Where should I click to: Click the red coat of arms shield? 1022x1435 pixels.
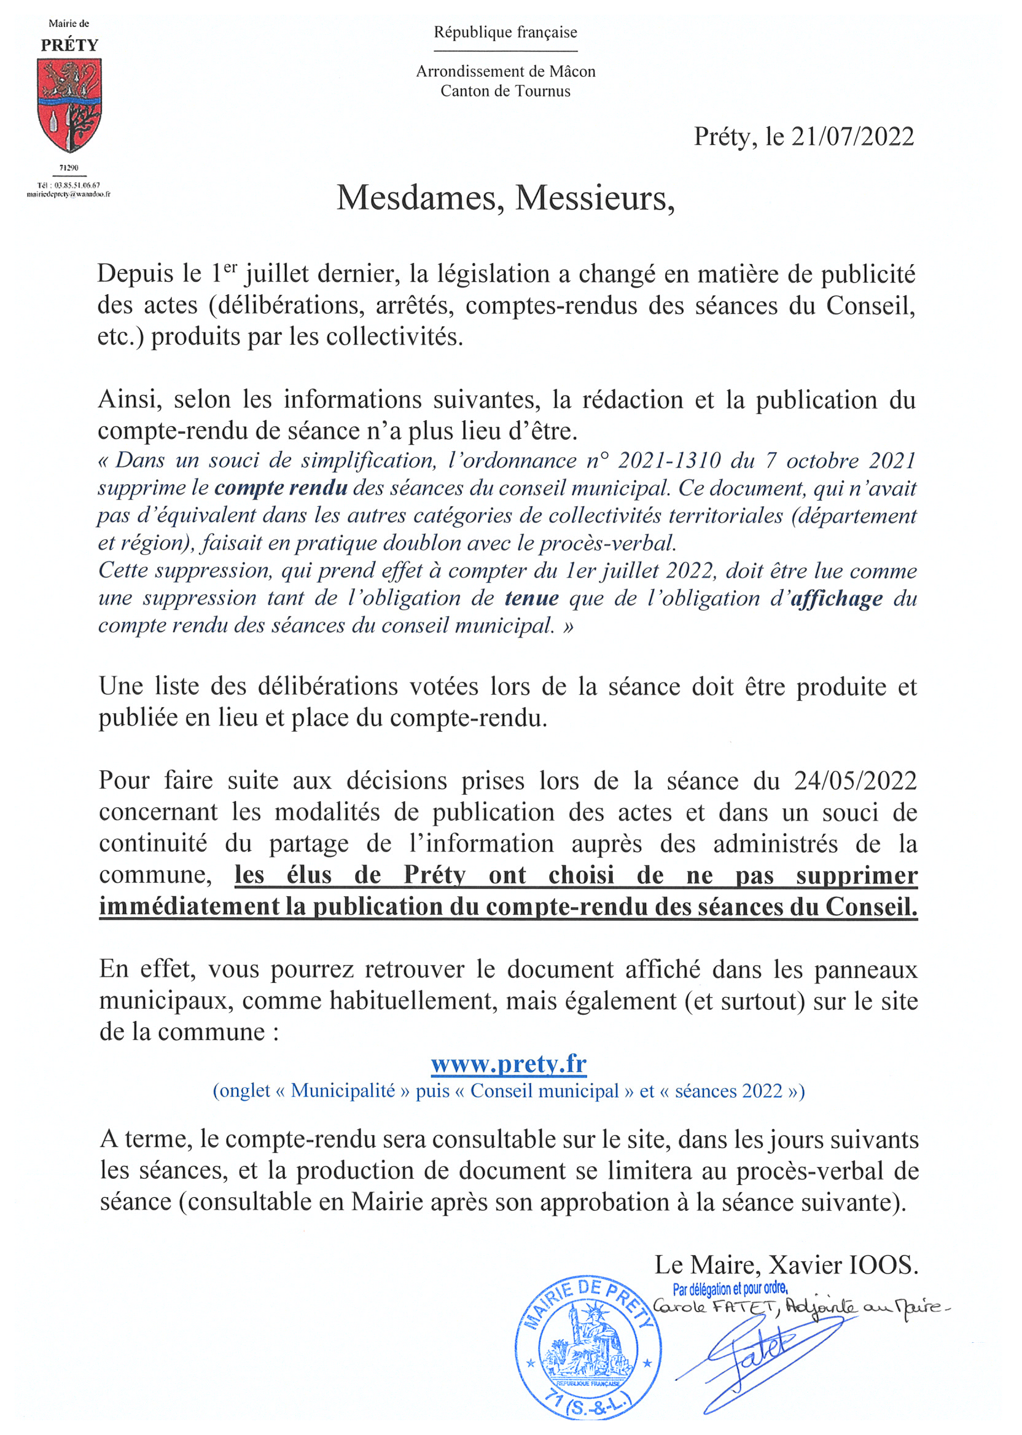(69, 104)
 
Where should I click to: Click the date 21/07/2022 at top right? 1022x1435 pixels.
(852, 137)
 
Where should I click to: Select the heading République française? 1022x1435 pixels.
(505, 32)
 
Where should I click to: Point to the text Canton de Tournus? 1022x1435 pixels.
(505, 92)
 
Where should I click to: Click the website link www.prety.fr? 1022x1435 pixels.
(509, 1064)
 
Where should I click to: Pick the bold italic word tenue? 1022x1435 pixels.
(531, 598)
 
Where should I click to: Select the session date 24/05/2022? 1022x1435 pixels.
(855, 781)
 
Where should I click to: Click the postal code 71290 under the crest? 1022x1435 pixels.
(69, 168)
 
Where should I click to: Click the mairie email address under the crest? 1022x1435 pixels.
(69, 195)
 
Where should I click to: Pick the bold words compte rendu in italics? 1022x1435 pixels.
(281, 488)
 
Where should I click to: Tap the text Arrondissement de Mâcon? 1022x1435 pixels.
(505, 72)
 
